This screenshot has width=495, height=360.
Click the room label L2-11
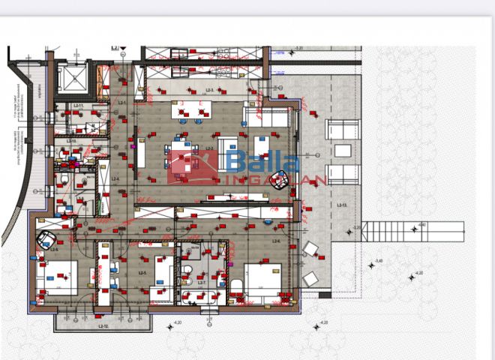pyautogui.click(x=77, y=106)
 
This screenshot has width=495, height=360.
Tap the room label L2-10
pyautogui.click(x=71, y=141)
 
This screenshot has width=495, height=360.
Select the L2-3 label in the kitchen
pyautogui.click(x=211, y=90)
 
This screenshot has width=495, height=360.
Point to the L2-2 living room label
pyautogui.click(x=211, y=149)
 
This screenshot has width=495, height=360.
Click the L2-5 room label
pyautogui.click(x=142, y=272)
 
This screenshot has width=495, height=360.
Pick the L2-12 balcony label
pyautogui.click(x=103, y=327)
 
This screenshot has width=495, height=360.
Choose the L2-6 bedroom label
pyautogui.click(x=275, y=241)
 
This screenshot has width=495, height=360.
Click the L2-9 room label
pyautogui.click(x=54, y=250)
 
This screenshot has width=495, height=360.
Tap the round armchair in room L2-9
pyautogui.click(x=47, y=238)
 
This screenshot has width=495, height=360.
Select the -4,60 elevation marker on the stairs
pyautogui.click(x=421, y=224)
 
